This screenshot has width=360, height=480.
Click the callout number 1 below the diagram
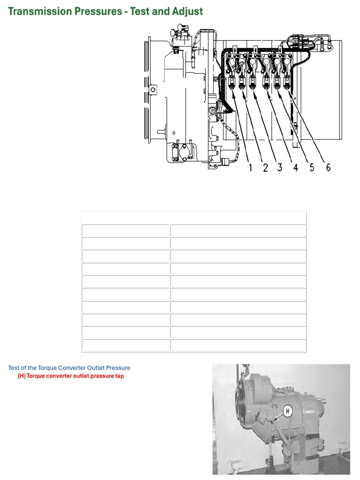pyautogui.click(x=251, y=167)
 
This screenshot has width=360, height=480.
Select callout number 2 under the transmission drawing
pyautogui.click(x=265, y=167)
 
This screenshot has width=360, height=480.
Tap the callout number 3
pyautogui.click(x=280, y=167)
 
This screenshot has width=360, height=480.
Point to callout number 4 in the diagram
pyautogui.click(x=296, y=167)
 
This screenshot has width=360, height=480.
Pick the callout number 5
pyautogui.click(x=312, y=167)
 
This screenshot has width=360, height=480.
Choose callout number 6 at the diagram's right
pyautogui.click(x=328, y=167)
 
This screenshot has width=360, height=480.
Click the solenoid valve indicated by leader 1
pyautogui.click(x=231, y=83)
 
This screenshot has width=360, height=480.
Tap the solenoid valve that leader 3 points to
pyautogui.click(x=253, y=83)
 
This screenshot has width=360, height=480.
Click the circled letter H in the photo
pyautogui.click(x=287, y=411)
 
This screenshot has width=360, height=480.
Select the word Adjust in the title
pyautogui.click(x=187, y=11)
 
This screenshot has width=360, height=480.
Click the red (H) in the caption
pyautogui.click(x=22, y=376)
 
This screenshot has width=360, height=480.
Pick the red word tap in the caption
pyautogui.click(x=119, y=376)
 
